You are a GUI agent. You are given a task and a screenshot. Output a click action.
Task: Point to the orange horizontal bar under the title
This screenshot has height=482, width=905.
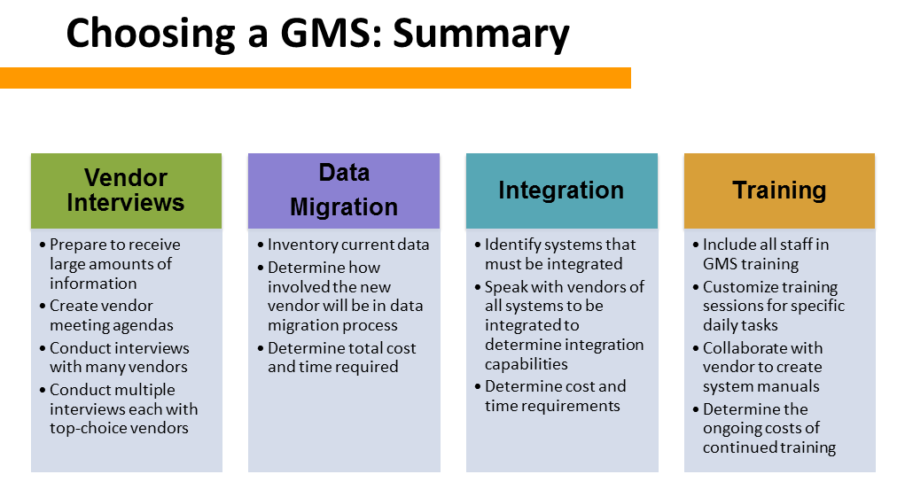pyautogui.click(x=315, y=78)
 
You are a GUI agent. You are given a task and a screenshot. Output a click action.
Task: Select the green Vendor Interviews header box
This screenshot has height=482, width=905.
pyautogui.click(x=126, y=190)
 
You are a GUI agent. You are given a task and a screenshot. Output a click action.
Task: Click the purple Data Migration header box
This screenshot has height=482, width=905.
pyautogui.click(x=344, y=190)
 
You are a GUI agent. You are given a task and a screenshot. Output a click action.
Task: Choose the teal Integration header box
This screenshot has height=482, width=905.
pyautogui.click(x=561, y=190)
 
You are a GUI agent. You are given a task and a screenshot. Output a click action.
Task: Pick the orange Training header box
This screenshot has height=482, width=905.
pyautogui.click(x=779, y=190)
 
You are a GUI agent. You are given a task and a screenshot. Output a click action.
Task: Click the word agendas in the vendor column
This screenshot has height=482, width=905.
pyautogui.click(x=142, y=325)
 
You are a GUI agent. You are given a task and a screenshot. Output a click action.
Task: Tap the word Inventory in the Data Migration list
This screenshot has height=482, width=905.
pyautogui.click(x=303, y=245)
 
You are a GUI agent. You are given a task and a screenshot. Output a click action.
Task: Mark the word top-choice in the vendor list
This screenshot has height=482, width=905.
pyautogui.click(x=83, y=429)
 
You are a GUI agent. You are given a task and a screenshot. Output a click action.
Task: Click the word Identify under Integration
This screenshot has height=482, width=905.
pyautogui.click(x=513, y=245)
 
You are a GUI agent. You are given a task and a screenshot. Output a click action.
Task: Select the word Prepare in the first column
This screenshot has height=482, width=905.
pyautogui.click(x=78, y=245)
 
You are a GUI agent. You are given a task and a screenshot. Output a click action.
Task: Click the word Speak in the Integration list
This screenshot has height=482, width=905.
pyautogui.click(x=506, y=287)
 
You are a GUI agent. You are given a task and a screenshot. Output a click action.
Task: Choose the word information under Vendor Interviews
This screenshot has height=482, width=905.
pyautogui.click(x=93, y=284)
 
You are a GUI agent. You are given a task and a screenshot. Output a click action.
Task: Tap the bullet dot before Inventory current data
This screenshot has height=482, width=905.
pyautogui.click(x=260, y=245)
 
